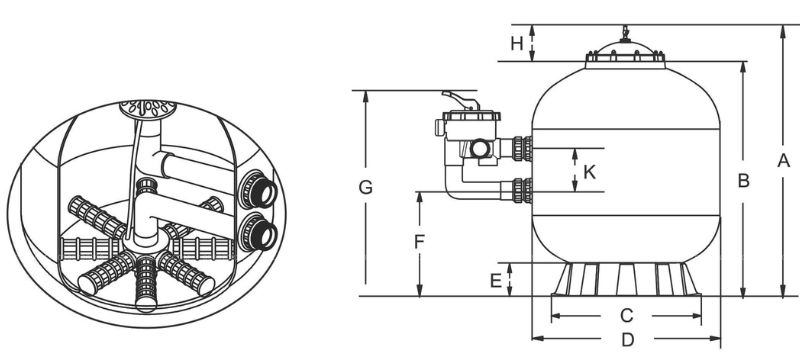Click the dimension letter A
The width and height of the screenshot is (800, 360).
(783, 161)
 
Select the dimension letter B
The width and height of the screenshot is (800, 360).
(743, 180)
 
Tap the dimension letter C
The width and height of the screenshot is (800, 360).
(626, 316)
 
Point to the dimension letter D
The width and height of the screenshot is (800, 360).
(628, 339)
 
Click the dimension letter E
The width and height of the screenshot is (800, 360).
(495, 280)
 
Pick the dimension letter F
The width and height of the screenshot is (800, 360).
(419, 242)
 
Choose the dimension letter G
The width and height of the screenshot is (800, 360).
(365, 187)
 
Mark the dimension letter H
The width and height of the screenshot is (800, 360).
(517, 44)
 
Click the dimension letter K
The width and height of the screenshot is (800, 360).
(589, 172)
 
